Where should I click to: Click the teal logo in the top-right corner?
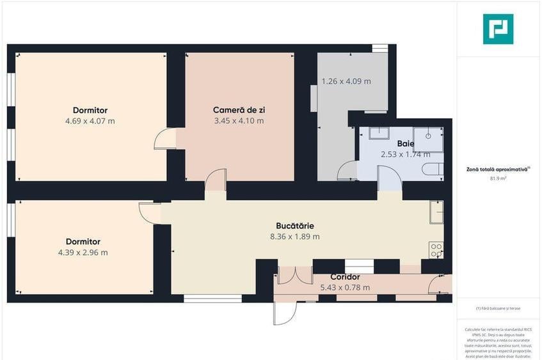(498, 29)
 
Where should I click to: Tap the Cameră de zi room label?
(239, 110)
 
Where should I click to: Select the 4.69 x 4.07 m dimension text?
(90, 121)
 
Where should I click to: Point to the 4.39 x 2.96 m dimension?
(83, 253)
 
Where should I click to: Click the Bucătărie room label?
(294, 226)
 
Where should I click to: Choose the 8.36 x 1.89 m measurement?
(294, 237)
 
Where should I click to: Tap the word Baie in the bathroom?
(405, 144)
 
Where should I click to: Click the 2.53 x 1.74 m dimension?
(405, 154)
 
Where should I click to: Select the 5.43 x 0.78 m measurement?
(345, 288)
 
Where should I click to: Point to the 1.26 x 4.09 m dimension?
(346, 81)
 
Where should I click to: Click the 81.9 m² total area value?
(498, 178)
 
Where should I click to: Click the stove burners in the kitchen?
(436, 250)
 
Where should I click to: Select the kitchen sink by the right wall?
(436, 212)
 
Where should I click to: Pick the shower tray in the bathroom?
(426, 138)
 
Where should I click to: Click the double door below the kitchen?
(295, 275)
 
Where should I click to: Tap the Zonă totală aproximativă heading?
(498, 169)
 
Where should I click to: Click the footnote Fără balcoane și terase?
(498, 308)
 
